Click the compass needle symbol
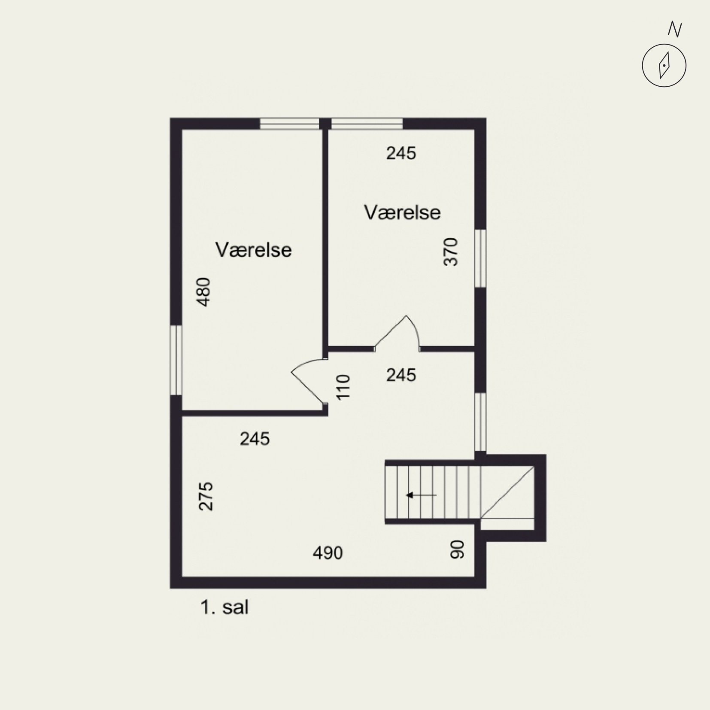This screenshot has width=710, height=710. tap(664, 66)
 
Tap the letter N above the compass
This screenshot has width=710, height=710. tap(675, 30)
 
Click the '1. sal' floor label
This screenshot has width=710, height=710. tap(224, 607)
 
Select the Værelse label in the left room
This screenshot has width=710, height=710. tap(254, 250)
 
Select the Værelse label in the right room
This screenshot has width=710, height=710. tap(403, 212)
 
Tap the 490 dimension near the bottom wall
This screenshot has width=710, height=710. tap(328, 553)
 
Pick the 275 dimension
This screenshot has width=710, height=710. tap(206, 496)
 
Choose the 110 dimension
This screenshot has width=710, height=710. tap(343, 387)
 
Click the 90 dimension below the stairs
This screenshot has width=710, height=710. tap(458, 549)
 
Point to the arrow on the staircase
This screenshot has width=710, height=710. tap(421, 495)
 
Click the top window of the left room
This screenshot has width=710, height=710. tap(290, 124)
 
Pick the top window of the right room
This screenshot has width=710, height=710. tap(367, 124)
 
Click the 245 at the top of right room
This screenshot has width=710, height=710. tap(401, 153)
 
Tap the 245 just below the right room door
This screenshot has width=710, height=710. tap(401, 375)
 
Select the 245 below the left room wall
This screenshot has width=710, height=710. tap(255, 439)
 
